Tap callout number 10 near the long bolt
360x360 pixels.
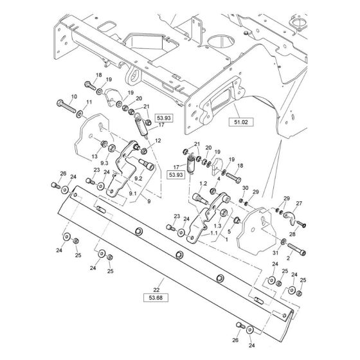[x=74, y=97]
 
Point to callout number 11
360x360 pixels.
[x=89, y=102]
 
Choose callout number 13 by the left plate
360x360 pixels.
[x=94, y=156]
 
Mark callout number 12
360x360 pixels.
[x=158, y=140]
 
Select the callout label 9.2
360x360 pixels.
[x=138, y=179]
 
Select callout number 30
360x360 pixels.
[x=245, y=188]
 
